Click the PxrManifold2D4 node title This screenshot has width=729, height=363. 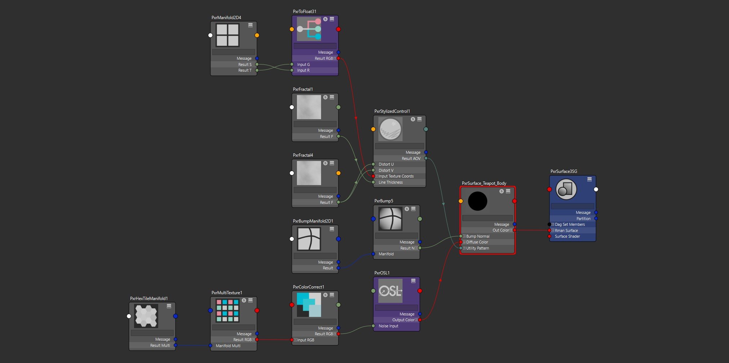(x=226, y=18)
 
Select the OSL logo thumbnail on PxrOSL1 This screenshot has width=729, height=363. (x=390, y=291)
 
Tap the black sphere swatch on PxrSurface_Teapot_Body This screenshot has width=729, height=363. (x=477, y=201)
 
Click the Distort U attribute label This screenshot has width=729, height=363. (x=386, y=164)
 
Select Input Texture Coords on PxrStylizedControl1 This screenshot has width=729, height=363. (x=396, y=176)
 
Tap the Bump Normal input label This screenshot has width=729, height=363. (x=478, y=236)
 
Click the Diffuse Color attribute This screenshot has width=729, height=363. (x=477, y=242)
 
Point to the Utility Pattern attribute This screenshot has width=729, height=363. (x=477, y=248)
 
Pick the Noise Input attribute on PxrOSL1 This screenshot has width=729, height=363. (x=388, y=326)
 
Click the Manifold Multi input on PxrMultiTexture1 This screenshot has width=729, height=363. (x=228, y=346)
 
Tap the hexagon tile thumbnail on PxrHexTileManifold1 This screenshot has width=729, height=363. (x=146, y=316)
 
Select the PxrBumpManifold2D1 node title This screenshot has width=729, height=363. (x=313, y=221)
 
